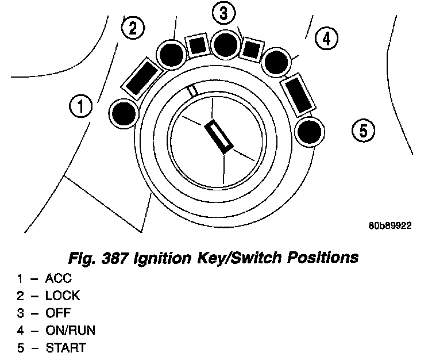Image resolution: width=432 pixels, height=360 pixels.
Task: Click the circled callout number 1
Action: [81, 106]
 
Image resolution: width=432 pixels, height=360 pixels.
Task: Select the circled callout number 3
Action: [224, 12]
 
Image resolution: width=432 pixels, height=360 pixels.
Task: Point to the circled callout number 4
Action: [326, 39]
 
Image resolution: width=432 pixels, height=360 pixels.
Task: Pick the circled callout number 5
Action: [363, 131]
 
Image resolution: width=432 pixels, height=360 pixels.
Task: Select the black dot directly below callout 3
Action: [225, 42]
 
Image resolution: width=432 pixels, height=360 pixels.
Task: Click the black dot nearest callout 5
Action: [310, 131]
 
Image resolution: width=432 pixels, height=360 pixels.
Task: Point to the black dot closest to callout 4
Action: [277, 62]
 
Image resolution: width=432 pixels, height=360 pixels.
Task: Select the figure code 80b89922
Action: [390, 226]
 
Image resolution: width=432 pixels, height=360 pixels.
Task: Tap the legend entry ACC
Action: [59, 279]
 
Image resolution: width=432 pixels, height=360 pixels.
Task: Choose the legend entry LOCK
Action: [63, 296]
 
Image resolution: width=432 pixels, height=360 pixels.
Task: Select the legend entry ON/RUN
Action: [71, 331]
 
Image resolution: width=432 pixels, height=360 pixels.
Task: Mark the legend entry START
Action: [67, 348]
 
